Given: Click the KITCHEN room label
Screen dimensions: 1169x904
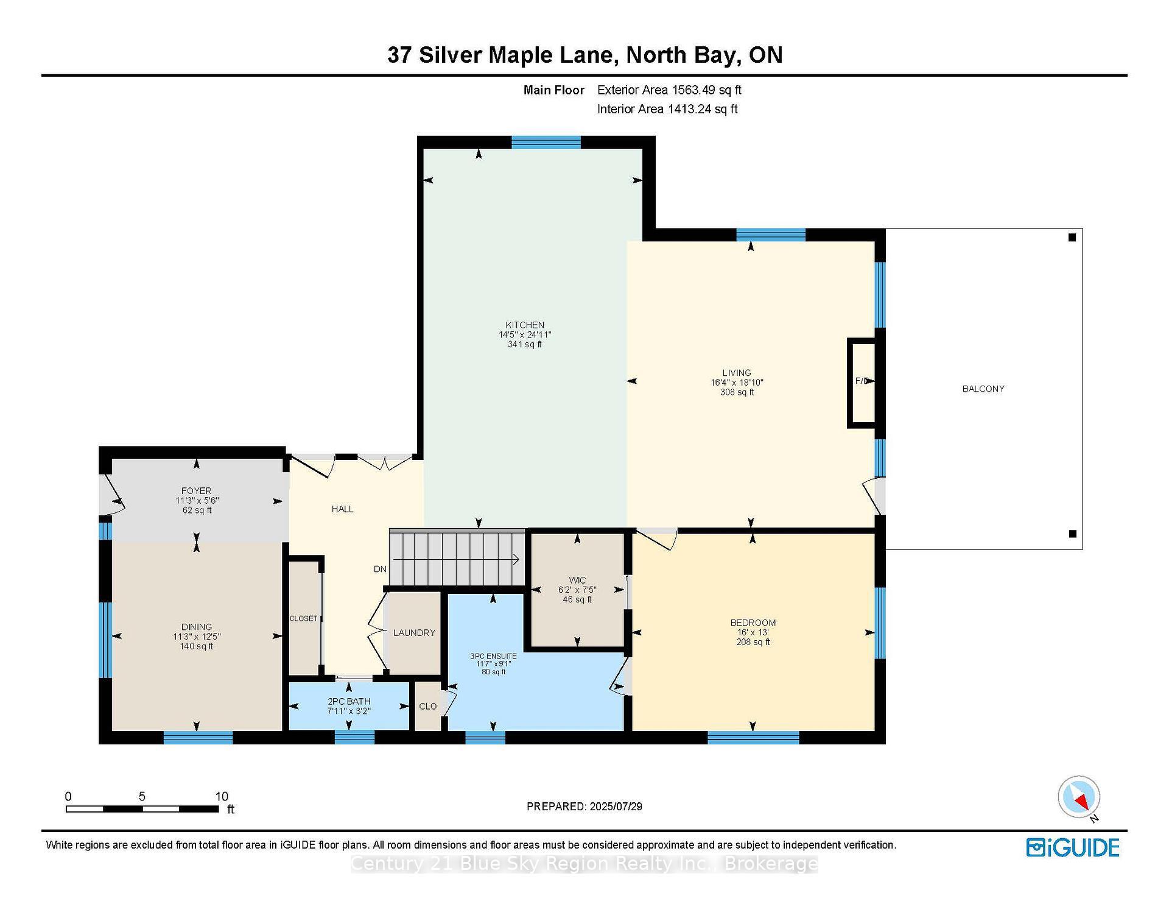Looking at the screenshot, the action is click(525, 325).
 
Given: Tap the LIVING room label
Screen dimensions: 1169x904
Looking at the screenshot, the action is click(737, 373).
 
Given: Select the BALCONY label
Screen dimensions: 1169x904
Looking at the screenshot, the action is click(983, 389).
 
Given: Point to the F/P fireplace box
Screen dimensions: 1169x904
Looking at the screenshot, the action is click(862, 381).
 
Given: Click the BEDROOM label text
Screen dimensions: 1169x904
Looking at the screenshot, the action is click(753, 623).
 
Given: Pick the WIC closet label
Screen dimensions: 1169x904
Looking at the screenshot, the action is click(577, 580).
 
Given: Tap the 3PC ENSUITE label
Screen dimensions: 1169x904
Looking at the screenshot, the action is click(493, 656).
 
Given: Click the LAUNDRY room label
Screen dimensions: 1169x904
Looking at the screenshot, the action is click(414, 633).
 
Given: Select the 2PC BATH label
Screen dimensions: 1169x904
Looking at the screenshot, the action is click(349, 701).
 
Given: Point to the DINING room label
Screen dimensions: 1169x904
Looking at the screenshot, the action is click(196, 627).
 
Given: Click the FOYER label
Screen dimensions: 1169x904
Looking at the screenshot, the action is click(196, 490).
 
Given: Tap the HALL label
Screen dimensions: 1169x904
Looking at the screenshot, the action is click(343, 509).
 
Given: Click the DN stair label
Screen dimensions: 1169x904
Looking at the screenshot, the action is click(380, 569).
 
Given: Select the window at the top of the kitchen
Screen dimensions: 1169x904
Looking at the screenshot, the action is click(546, 142).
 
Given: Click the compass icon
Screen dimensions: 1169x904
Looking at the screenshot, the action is click(1079, 797).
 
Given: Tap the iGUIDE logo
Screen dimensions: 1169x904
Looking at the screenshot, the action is click(1073, 847).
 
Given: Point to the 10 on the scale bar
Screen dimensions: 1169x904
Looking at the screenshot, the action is click(222, 796).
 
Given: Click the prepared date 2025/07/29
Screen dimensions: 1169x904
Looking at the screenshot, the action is click(616, 807).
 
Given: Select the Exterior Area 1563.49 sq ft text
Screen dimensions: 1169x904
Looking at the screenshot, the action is click(669, 90).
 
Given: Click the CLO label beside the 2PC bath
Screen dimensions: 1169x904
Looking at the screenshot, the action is click(428, 706).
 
